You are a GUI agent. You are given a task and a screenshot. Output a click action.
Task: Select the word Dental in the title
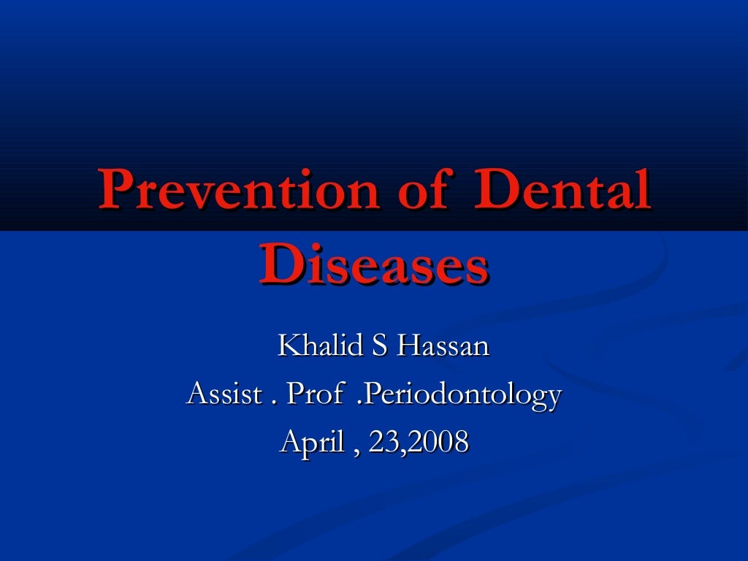point(562,189)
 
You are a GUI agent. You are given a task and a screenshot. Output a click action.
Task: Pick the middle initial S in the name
point(379,346)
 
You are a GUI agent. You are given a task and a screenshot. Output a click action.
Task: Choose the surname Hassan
point(443,346)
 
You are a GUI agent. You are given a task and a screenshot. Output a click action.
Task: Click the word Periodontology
point(462,396)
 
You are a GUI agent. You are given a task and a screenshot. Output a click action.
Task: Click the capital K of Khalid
point(288,346)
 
